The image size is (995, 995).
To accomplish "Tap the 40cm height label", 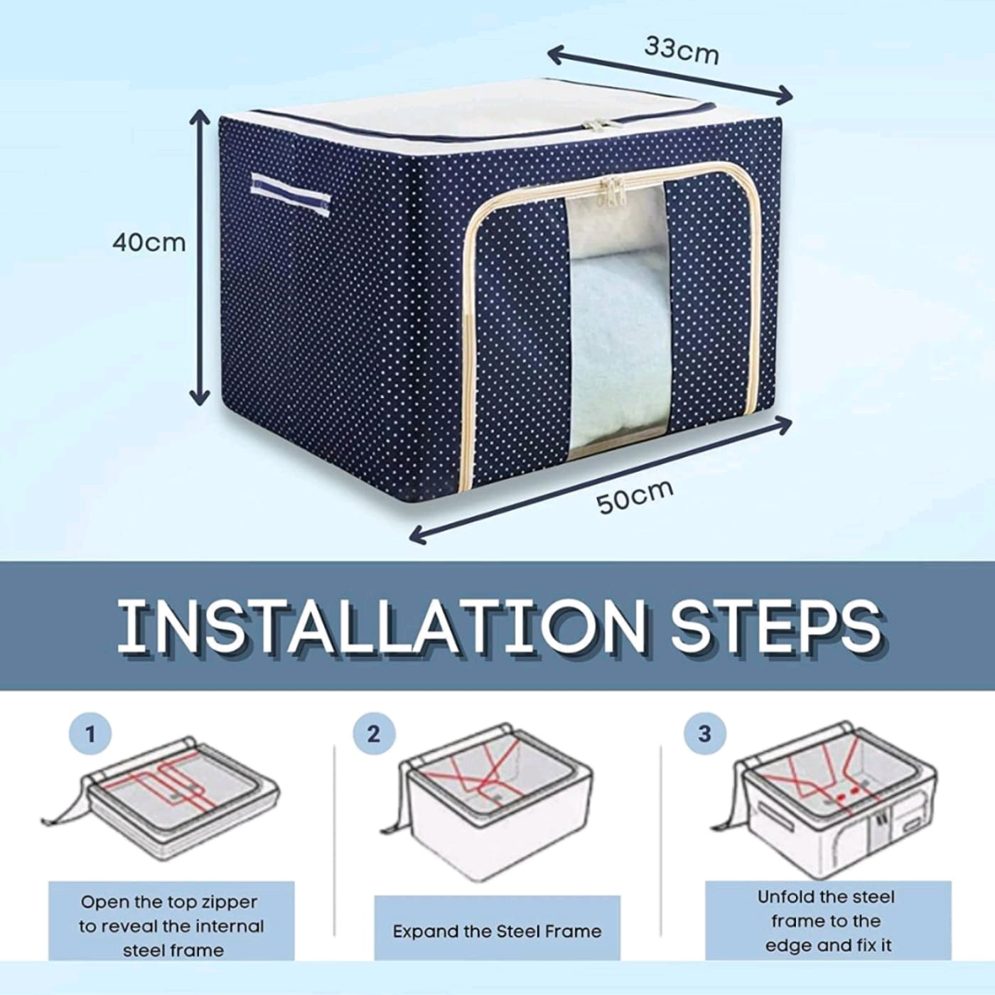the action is pyautogui.click(x=149, y=242).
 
